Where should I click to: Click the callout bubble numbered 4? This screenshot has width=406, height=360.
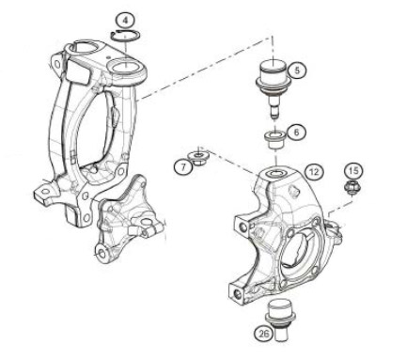pyautogui.click(x=125, y=22)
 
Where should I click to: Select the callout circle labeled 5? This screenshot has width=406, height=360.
pyautogui.click(x=296, y=70)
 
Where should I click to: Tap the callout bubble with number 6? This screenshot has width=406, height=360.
pyautogui.click(x=296, y=133)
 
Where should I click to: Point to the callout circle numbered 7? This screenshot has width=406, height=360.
pyautogui.click(x=183, y=165)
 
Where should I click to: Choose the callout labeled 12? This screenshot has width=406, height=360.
pyautogui.click(x=314, y=172)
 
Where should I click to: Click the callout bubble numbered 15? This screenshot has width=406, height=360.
pyautogui.click(x=353, y=171)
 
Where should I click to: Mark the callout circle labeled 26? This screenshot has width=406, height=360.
pyautogui.click(x=263, y=333)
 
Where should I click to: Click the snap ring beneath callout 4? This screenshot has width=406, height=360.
pyautogui.click(x=125, y=36)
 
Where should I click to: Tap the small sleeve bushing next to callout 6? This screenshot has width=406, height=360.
pyautogui.click(x=274, y=140)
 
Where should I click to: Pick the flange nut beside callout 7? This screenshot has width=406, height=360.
pyautogui.click(x=197, y=158)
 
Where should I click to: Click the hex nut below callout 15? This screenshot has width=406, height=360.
pyautogui.click(x=352, y=187)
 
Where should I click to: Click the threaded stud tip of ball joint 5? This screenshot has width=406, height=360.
pyautogui.click(x=274, y=114)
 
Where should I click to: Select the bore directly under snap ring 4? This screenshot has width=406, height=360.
pyautogui.click(x=125, y=67)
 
